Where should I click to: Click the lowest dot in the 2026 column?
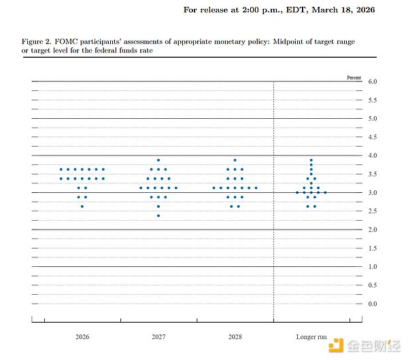point(82,206)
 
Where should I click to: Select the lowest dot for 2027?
point(158,216)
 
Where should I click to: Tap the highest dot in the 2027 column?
point(158,160)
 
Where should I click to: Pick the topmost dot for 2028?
point(235,160)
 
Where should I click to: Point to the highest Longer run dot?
point(311,160)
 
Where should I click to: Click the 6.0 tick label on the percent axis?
point(373,82)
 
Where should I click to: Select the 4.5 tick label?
point(373,137)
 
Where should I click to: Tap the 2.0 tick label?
point(373,230)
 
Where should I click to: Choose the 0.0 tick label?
point(373,304)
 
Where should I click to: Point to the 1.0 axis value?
point(373,267)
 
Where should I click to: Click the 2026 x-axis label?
point(82,336)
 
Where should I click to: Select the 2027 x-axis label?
point(158,336)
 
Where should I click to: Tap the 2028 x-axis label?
point(235,336)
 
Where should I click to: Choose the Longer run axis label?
point(311,336)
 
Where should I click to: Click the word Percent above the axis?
point(354,78)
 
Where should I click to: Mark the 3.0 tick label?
point(373,193)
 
